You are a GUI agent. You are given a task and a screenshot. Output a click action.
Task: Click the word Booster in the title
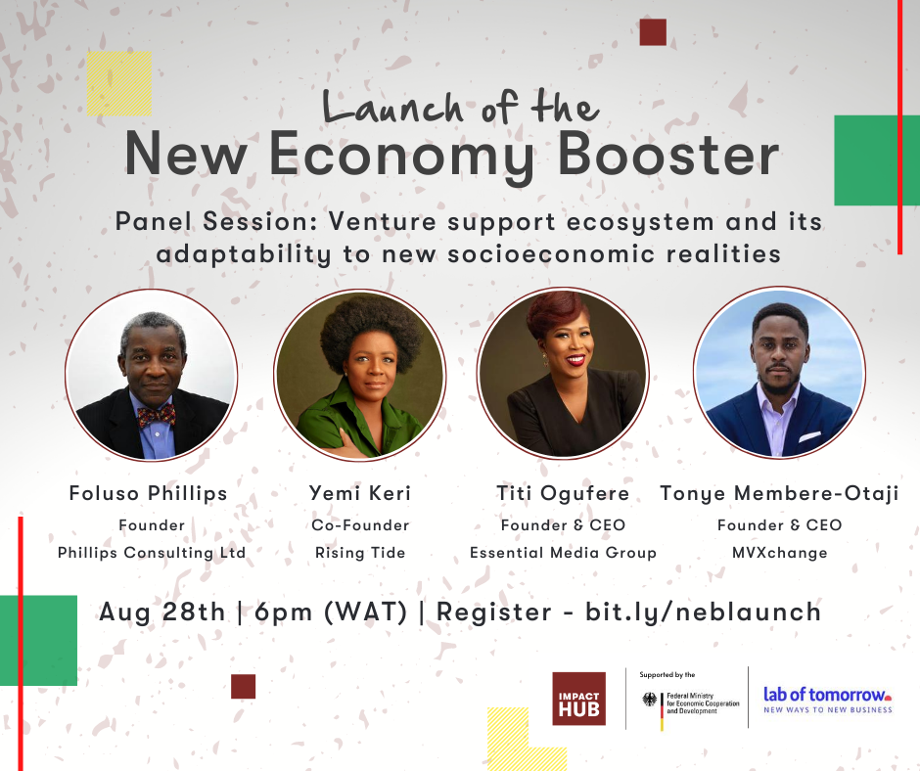(x=668, y=155)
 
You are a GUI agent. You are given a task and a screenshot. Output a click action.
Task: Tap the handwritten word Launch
(x=392, y=107)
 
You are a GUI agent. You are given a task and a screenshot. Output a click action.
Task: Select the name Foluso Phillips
(x=148, y=493)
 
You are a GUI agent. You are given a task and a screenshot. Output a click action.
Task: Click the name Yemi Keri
(x=360, y=493)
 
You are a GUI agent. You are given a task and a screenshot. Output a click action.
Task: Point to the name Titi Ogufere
(x=563, y=493)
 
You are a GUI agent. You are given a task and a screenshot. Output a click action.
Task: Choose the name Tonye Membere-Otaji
(x=779, y=493)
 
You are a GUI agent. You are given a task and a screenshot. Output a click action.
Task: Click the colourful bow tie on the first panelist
(x=156, y=416)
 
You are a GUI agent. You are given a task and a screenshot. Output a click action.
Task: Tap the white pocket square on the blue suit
(x=809, y=437)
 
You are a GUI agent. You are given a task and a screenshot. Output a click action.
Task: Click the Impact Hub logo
(x=578, y=699)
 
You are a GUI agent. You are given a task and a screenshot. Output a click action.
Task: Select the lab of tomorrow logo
(x=827, y=700)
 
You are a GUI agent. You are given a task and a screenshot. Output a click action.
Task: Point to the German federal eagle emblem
(x=650, y=700)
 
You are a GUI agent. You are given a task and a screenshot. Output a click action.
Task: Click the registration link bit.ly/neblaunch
(x=703, y=612)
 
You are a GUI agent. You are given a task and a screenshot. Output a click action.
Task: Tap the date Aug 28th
(x=161, y=612)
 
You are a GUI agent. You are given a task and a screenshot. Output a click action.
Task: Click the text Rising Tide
(x=360, y=553)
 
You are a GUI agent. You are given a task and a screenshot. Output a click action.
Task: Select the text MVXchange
(x=780, y=553)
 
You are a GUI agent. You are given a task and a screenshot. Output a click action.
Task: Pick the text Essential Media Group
(x=563, y=553)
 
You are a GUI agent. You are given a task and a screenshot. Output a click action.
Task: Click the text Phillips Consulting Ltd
(x=152, y=553)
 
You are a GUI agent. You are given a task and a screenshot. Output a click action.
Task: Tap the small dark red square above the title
(x=653, y=32)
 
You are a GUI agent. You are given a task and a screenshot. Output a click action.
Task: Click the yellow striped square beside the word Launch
(x=119, y=84)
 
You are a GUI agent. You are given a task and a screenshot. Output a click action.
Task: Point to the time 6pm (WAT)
(x=331, y=612)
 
